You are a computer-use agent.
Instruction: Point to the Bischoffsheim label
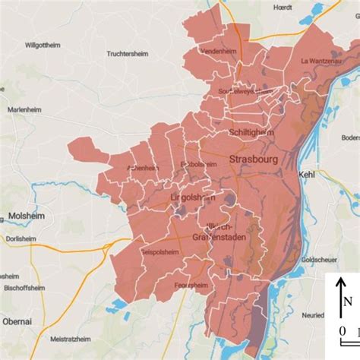click(x=21, y=288)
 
